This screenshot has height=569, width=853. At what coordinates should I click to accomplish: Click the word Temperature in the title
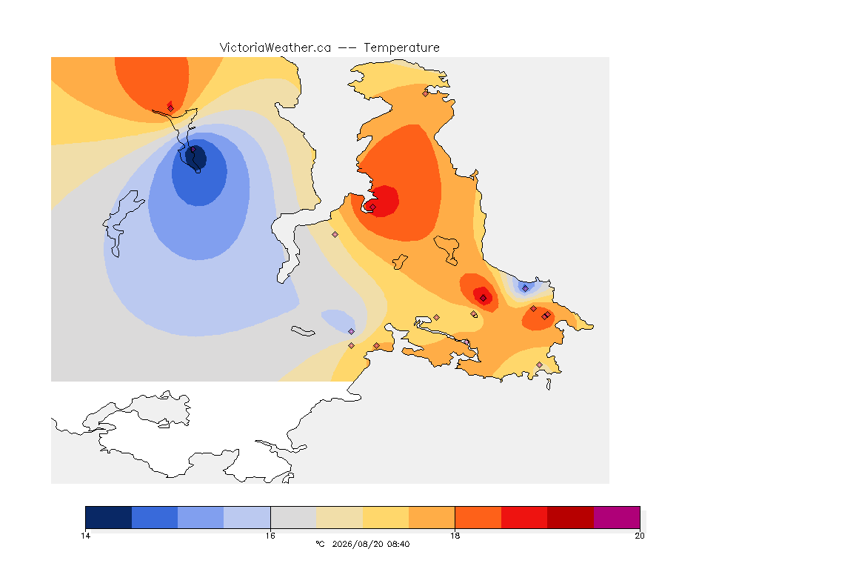click(x=401, y=48)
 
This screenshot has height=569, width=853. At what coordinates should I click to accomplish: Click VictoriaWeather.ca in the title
click(x=275, y=48)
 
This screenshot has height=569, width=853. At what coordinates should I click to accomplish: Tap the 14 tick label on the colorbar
click(x=85, y=536)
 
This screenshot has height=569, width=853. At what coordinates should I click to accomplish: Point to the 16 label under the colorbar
click(x=270, y=536)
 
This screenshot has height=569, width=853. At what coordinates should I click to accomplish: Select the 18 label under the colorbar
click(x=455, y=536)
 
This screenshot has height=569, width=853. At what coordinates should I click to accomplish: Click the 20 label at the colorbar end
click(x=640, y=536)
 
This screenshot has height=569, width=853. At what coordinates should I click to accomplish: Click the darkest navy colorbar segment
click(x=109, y=517)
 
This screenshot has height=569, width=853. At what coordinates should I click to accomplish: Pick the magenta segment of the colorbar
click(x=616, y=517)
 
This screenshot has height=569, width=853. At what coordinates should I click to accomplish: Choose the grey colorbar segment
click(x=293, y=517)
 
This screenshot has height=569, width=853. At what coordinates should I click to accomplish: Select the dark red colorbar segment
click(x=570, y=517)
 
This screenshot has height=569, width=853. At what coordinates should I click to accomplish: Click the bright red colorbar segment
click(x=524, y=517)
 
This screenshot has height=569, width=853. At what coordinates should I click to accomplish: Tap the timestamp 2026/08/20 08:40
click(x=370, y=544)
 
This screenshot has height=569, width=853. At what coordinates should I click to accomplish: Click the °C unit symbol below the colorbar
click(x=320, y=544)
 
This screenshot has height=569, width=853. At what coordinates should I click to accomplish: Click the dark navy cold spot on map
click(x=196, y=157)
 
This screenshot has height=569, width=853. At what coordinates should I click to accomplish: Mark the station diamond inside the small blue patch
click(x=525, y=288)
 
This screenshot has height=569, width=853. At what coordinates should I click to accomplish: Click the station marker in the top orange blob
click(x=170, y=108)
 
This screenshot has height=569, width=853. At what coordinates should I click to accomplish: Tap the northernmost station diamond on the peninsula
click(x=425, y=93)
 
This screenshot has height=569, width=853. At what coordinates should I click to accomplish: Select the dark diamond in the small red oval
click(x=483, y=298)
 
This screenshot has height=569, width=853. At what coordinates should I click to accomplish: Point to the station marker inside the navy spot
click(x=193, y=149)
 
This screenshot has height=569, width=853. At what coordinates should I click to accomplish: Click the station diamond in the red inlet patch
click(x=372, y=207)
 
